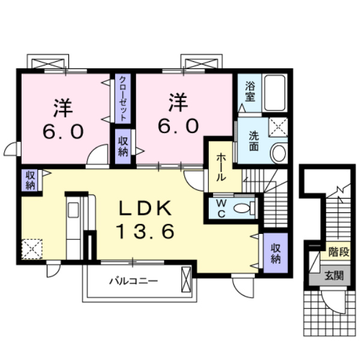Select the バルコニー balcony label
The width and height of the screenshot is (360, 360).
133,280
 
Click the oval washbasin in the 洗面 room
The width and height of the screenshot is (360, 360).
278,154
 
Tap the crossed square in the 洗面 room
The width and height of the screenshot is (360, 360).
277,127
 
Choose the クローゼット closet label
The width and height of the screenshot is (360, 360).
122,98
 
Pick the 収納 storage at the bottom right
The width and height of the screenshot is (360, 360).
275,253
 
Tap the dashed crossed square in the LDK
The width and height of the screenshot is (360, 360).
31,248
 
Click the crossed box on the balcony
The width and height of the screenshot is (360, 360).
187,280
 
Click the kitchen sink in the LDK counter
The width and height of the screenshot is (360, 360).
73,210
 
